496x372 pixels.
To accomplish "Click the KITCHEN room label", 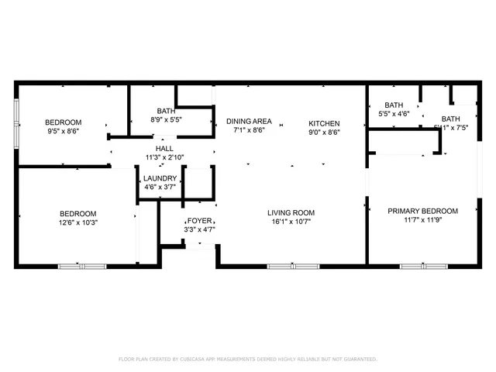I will [x=324, y=123].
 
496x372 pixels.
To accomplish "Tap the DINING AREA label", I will [x=249, y=122].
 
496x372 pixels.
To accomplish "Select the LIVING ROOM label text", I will [x=291, y=213].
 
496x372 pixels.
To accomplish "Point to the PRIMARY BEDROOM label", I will [x=422, y=211].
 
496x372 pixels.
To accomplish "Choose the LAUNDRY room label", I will [x=160, y=178].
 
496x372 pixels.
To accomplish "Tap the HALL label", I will [x=164, y=149].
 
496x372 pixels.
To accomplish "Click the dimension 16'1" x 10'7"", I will [x=291, y=222].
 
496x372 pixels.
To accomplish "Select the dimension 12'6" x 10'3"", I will [x=78, y=223].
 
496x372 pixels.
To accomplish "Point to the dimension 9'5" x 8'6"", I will [x=63, y=132].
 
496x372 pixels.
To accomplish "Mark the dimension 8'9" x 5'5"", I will [x=165, y=120].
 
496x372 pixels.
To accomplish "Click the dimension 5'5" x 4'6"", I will [x=394, y=115].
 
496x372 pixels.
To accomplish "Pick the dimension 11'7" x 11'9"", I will [x=422, y=220].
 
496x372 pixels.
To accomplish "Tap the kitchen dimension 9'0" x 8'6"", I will [x=324, y=132].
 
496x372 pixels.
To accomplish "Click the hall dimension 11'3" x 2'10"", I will [x=164, y=157].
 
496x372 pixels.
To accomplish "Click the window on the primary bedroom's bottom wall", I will [x=423, y=267].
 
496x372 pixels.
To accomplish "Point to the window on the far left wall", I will [x=17, y=122].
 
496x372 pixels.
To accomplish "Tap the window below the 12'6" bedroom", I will [x=82, y=267].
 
